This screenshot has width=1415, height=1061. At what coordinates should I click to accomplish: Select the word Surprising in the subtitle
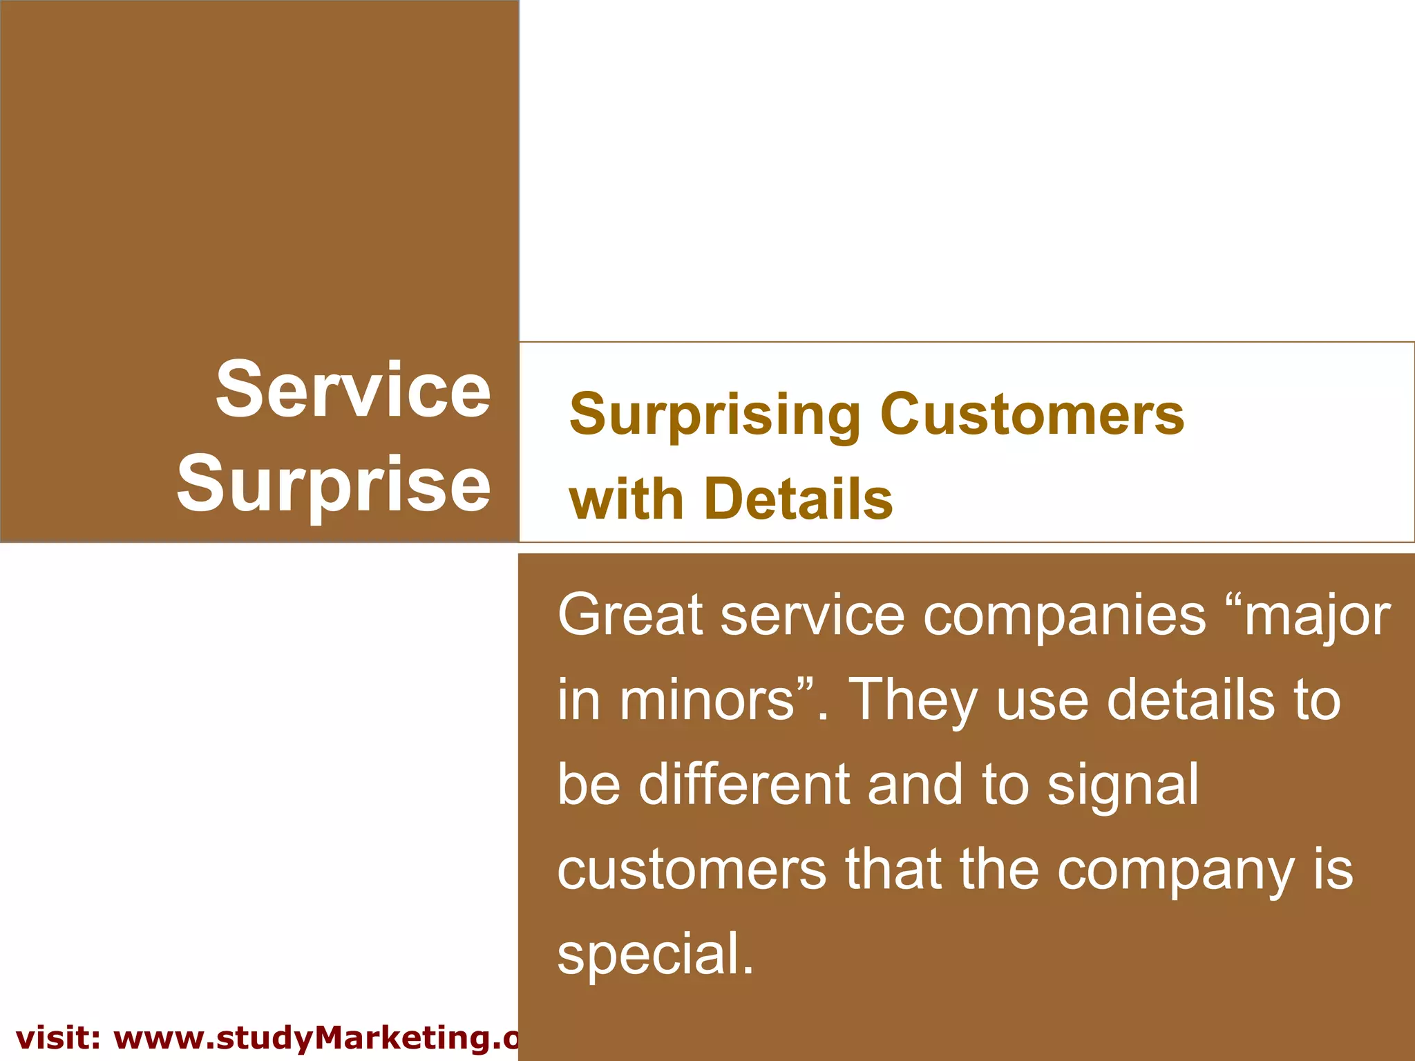[x=714, y=416]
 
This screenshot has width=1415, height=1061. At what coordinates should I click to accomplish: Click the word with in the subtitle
[x=626, y=499]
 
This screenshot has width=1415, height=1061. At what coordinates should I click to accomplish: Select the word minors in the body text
[x=707, y=700]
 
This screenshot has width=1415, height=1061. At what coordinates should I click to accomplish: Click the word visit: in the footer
[x=58, y=1038]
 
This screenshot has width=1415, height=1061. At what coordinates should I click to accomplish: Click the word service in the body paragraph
[x=813, y=615]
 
